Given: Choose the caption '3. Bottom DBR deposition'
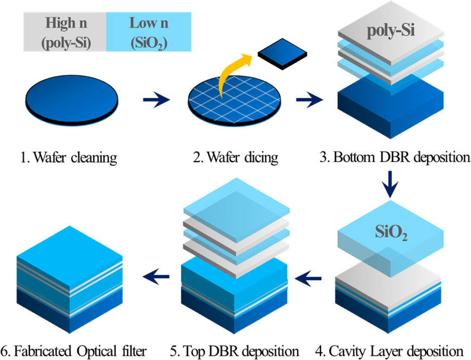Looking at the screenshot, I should pyautogui.click(x=395, y=156).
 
